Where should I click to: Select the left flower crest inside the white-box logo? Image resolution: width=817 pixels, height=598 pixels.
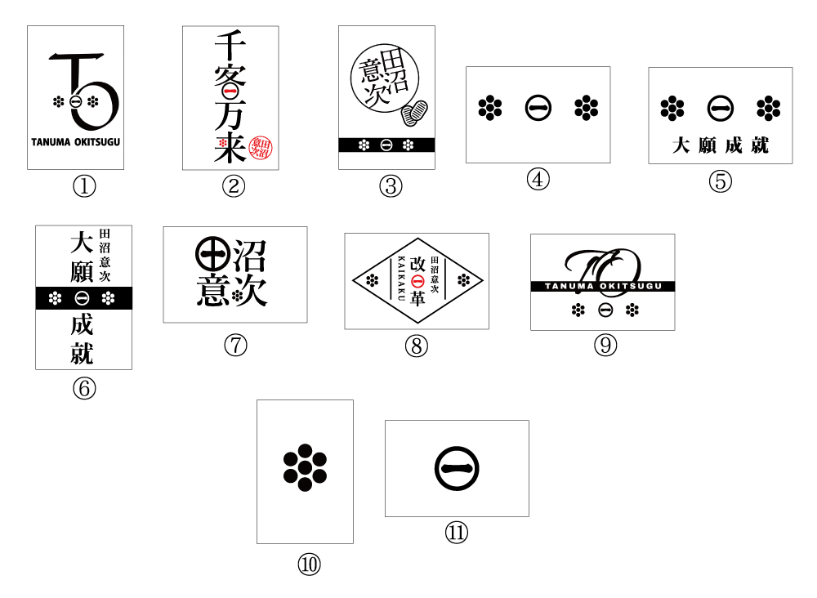coord(58,102)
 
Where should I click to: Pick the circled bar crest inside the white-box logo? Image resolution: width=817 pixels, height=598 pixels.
coord(75,102)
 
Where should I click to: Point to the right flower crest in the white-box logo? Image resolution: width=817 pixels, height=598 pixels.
coord(93,102)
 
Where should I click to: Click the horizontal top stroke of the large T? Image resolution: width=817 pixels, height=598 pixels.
coord(78,57)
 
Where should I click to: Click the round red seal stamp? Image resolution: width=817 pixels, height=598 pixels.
coord(261,148)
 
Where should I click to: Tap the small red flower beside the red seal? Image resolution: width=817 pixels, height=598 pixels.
coord(223,143)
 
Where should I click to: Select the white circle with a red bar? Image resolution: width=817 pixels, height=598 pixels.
coord(230,91)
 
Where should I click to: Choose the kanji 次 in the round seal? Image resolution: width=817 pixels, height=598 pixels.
coord(377,95)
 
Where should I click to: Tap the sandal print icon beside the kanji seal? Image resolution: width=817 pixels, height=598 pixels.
coord(415,113)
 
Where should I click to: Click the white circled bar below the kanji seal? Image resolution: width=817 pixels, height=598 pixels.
coord(386,145)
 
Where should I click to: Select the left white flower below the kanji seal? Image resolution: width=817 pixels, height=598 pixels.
coord(364,145)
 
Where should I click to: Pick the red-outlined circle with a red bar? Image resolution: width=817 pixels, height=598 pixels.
coord(417,281)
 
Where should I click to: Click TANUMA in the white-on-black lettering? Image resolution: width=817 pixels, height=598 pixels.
coord(569,286)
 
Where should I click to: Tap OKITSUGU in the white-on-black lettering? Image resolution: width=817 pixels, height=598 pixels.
coord(631,286)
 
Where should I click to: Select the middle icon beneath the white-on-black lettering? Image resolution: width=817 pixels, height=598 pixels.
coord(603,316)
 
